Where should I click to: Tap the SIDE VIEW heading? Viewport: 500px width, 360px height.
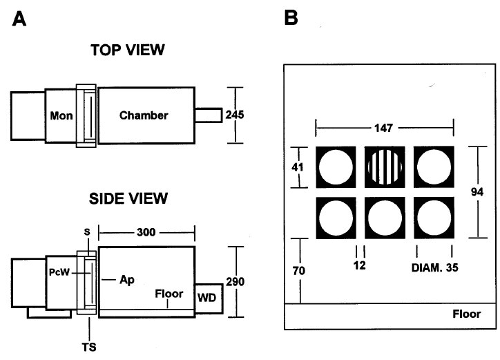coord(128,199)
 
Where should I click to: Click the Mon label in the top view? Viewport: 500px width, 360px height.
coord(61,115)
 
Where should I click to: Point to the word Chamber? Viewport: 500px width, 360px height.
coord(143,115)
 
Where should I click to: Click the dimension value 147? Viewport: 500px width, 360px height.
coord(385,126)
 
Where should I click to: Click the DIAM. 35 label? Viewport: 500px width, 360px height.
coord(434,265)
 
